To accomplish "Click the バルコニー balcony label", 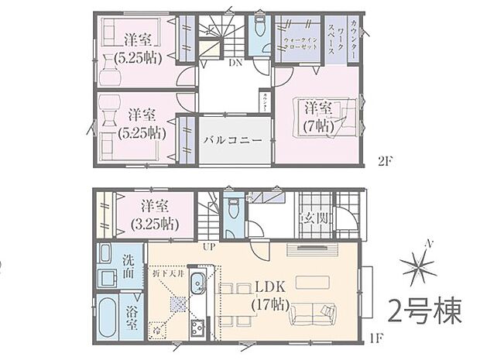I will click(233, 141).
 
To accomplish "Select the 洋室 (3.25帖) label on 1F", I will click(155, 214).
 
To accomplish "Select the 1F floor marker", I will click(378, 338).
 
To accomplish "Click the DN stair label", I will click(235, 64).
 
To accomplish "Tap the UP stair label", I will click(208, 247).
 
